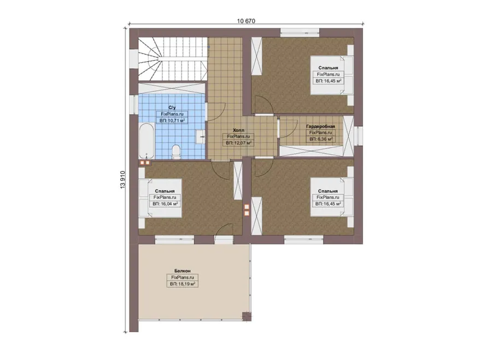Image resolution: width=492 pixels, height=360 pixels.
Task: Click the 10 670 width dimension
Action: click(x=246, y=21)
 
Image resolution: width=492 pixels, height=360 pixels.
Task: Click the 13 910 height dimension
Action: click(x=122, y=179)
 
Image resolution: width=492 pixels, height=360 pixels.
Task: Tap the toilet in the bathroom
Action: click(x=175, y=151)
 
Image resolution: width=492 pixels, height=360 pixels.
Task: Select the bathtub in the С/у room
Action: click(x=147, y=141)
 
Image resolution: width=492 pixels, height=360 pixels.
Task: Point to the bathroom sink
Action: click(x=201, y=137)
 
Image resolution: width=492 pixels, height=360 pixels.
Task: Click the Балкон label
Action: click(x=182, y=270)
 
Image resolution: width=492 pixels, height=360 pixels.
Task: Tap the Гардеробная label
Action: click(x=320, y=126)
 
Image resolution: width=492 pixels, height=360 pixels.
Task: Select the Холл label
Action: click(x=238, y=130)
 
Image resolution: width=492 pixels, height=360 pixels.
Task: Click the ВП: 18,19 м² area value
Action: click(x=183, y=284)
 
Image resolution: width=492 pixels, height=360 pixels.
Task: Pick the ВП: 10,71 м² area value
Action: click(x=172, y=120)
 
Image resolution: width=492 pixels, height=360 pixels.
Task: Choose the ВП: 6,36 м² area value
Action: click(x=321, y=139)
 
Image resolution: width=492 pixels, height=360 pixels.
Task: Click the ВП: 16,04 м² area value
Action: click(x=165, y=204)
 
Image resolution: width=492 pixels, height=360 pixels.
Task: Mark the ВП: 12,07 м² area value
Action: click(x=238, y=143)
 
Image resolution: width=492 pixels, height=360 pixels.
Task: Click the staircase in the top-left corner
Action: click(x=173, y=59)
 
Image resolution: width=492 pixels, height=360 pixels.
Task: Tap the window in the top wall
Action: click(x=300, y=31)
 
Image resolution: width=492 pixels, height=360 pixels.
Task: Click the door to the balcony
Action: click(x=224, y=232)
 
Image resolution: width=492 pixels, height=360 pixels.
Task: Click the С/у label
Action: click(x=172, y=108)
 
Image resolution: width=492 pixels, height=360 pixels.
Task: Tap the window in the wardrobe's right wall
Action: click(x=358, y=135)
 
